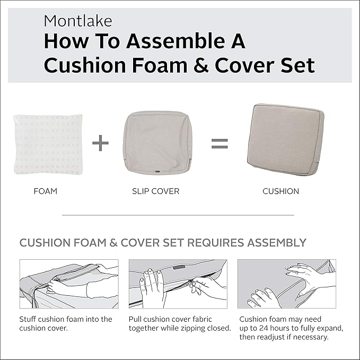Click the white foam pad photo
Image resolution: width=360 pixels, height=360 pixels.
click(x=48, y=144)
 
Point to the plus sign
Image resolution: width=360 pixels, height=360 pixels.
click(x=100, y=143)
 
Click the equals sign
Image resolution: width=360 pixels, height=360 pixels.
click(x=219, y=143)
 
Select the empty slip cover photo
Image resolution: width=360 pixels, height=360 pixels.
click(x=157, y=143)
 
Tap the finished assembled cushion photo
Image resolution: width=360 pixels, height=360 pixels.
click(x=286, y=139)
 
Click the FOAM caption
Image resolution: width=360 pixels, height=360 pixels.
click(x=45, y=191)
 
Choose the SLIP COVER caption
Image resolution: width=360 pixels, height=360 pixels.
click(x=155, y=191)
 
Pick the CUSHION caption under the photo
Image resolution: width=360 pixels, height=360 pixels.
click(x=280, y=191)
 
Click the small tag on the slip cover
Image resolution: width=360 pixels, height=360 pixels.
click(x=157, y=171)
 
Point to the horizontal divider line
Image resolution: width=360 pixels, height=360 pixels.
click(x=178, y=215)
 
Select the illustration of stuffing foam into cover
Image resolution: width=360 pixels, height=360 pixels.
click(x=68, y=284)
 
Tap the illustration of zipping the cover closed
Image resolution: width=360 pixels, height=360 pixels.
click(x=178, y=284)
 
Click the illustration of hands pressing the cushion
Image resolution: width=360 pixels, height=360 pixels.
click(x=286, y=284)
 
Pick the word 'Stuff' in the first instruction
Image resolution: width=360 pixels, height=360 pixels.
click(x=28, y=319)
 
